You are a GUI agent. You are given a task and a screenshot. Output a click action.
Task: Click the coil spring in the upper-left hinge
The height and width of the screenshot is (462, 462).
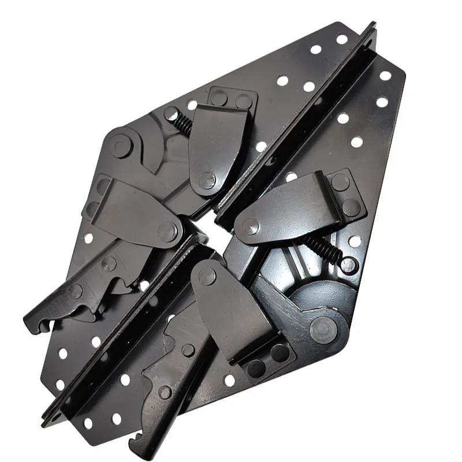[182, 123]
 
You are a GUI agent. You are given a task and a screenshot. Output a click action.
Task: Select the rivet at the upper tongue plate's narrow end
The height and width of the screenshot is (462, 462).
[206, 180]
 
